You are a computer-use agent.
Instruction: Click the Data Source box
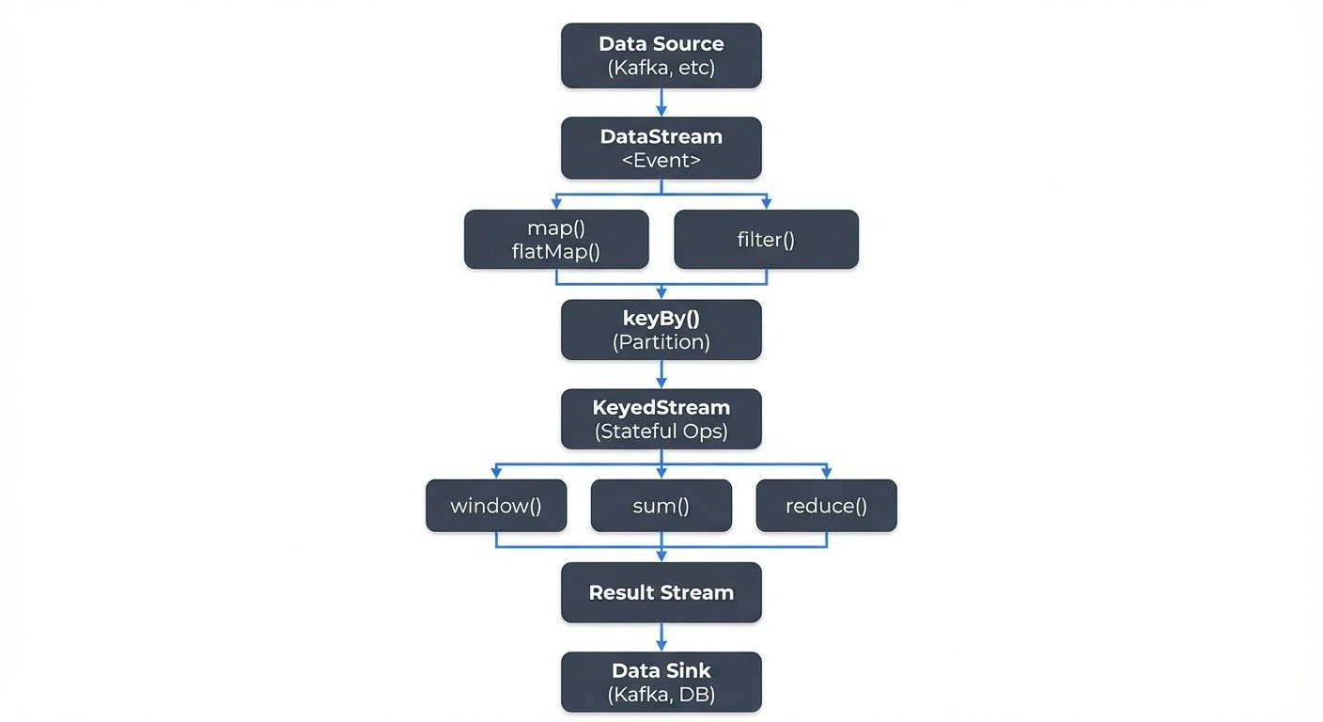[x=661, y=55]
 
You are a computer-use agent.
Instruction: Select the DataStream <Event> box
[x=661, y=148]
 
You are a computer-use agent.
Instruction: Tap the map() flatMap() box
[x=556, y=239]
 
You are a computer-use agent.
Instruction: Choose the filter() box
[x=766, y=239]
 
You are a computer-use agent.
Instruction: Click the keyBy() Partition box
[x=661, y=329]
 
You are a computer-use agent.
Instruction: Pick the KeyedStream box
[x=661, y=419]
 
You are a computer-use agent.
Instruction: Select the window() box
[x=496, y=506]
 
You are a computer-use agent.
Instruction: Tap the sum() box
[x=661, y=506]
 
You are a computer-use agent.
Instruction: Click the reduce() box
[x=826, y=506]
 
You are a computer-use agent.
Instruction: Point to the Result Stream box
[x=661, y=592]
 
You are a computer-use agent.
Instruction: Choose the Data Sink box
[x=661, y=683]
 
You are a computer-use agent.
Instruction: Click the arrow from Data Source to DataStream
[x=661, y=102]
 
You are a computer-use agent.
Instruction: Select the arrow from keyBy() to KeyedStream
[x=661, y=374]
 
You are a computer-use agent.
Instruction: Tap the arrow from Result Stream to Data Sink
[x=661, y=637]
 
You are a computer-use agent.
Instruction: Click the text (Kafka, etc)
[x=661, y=68]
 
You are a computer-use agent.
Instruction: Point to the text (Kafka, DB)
[x=661, y=696]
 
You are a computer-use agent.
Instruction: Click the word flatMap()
[x=556, y=251]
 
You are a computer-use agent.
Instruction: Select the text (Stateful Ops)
[x=661, y=432]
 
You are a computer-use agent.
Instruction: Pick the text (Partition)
[x=661, y=342]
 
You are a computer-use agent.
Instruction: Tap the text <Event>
[x=661, y=160]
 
